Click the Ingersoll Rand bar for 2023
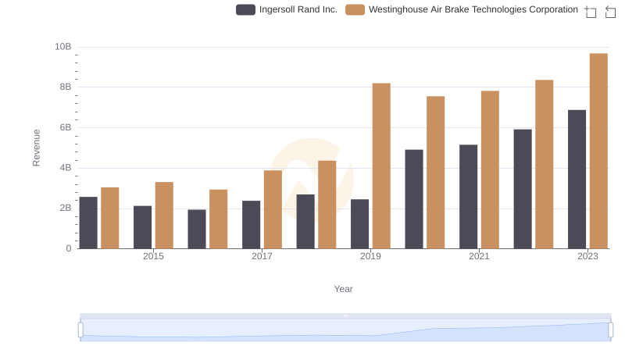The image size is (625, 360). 577,180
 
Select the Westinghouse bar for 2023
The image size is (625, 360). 598,151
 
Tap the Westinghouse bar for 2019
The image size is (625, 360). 381,166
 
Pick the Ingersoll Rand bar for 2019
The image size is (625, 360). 359,224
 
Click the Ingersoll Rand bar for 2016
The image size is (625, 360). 197,229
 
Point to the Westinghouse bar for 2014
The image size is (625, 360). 110,218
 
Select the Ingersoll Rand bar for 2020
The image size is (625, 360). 414,199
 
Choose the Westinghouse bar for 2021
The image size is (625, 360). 490,169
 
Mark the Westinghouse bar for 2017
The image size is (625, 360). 273,209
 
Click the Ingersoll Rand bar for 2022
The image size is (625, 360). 523,189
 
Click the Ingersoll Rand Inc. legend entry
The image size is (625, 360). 287,9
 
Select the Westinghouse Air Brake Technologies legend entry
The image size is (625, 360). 462,9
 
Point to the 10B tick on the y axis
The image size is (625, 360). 62,47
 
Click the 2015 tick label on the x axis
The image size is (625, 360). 153,257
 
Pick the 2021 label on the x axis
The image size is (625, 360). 479,257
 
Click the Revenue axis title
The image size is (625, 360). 36,148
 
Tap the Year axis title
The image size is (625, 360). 344,289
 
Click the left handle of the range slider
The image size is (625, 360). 80,330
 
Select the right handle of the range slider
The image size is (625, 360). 611,330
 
